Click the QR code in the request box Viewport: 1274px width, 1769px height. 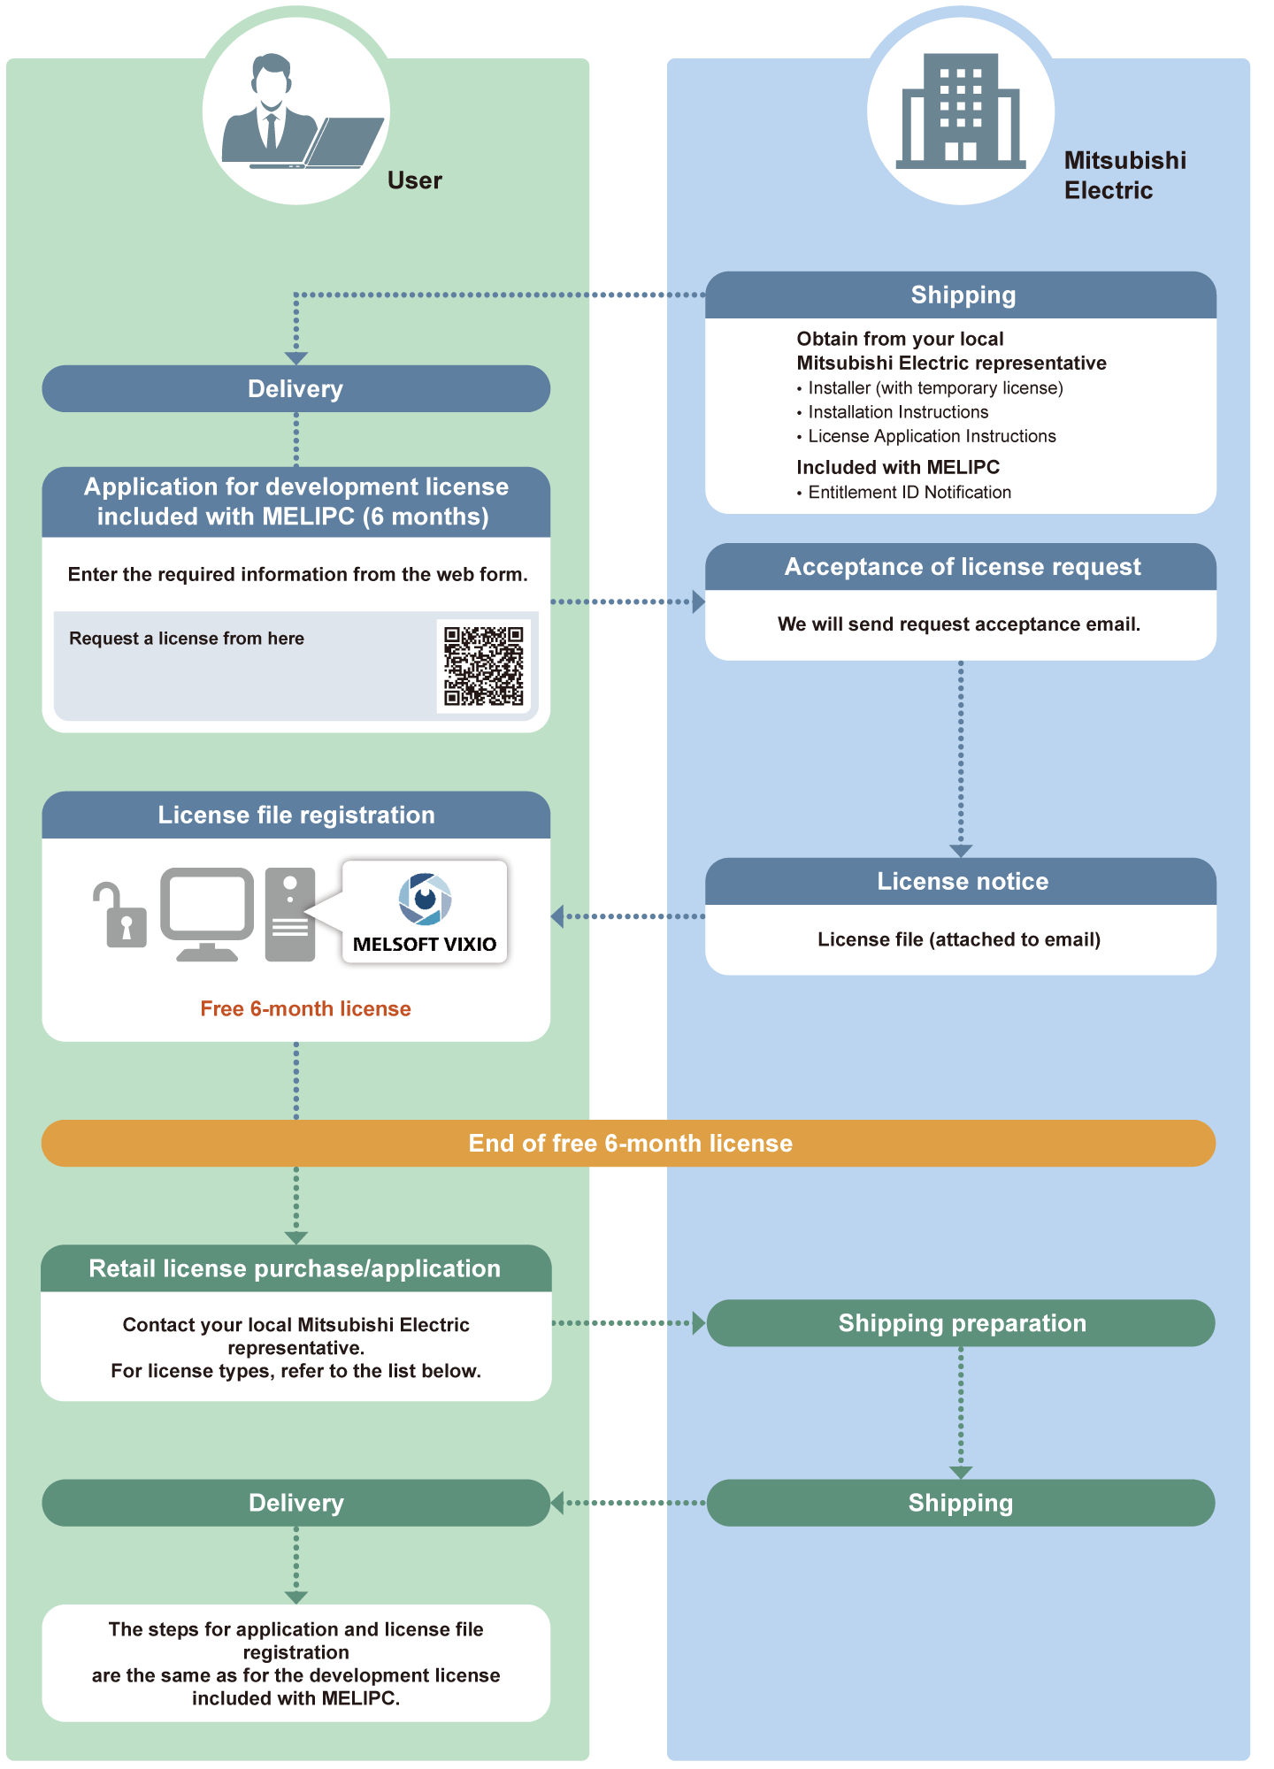(484, 666)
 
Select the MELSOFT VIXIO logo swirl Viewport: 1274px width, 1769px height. (426, 898)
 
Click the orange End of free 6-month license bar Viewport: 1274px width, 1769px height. (629, 1143)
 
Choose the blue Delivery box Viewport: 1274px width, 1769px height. (295, 389)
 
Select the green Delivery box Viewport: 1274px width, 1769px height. (295, 1503)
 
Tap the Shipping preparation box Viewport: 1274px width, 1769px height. (961, 1323)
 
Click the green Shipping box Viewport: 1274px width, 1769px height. (961, 1503)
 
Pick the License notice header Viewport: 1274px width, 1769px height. (961, 882)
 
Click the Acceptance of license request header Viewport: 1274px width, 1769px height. (961, 567)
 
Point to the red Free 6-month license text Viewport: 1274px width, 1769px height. (305, 1009)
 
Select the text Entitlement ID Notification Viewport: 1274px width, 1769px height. (909, 493)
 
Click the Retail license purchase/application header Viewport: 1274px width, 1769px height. (295, 1268)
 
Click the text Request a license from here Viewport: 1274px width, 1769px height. (187, 639)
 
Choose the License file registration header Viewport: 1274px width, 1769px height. (295, 815)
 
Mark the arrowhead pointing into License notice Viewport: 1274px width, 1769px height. (961, 851)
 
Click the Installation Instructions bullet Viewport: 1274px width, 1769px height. (897, 412)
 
